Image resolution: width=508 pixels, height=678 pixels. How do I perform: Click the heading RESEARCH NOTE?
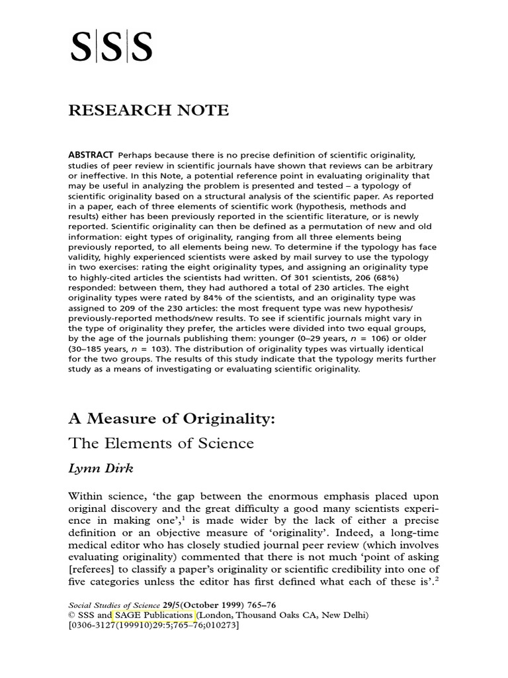[148, 111]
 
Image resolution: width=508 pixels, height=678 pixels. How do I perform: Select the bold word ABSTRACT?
[91, 154]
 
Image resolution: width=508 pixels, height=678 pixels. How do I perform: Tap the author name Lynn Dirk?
[101, 468]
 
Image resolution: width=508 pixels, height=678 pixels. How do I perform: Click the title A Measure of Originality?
[171, 419]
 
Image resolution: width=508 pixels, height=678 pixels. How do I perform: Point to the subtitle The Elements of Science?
[161, 443]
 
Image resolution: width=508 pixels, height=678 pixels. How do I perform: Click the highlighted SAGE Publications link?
[154, 615]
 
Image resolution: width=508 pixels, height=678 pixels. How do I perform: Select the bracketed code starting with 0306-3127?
[153, 625]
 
